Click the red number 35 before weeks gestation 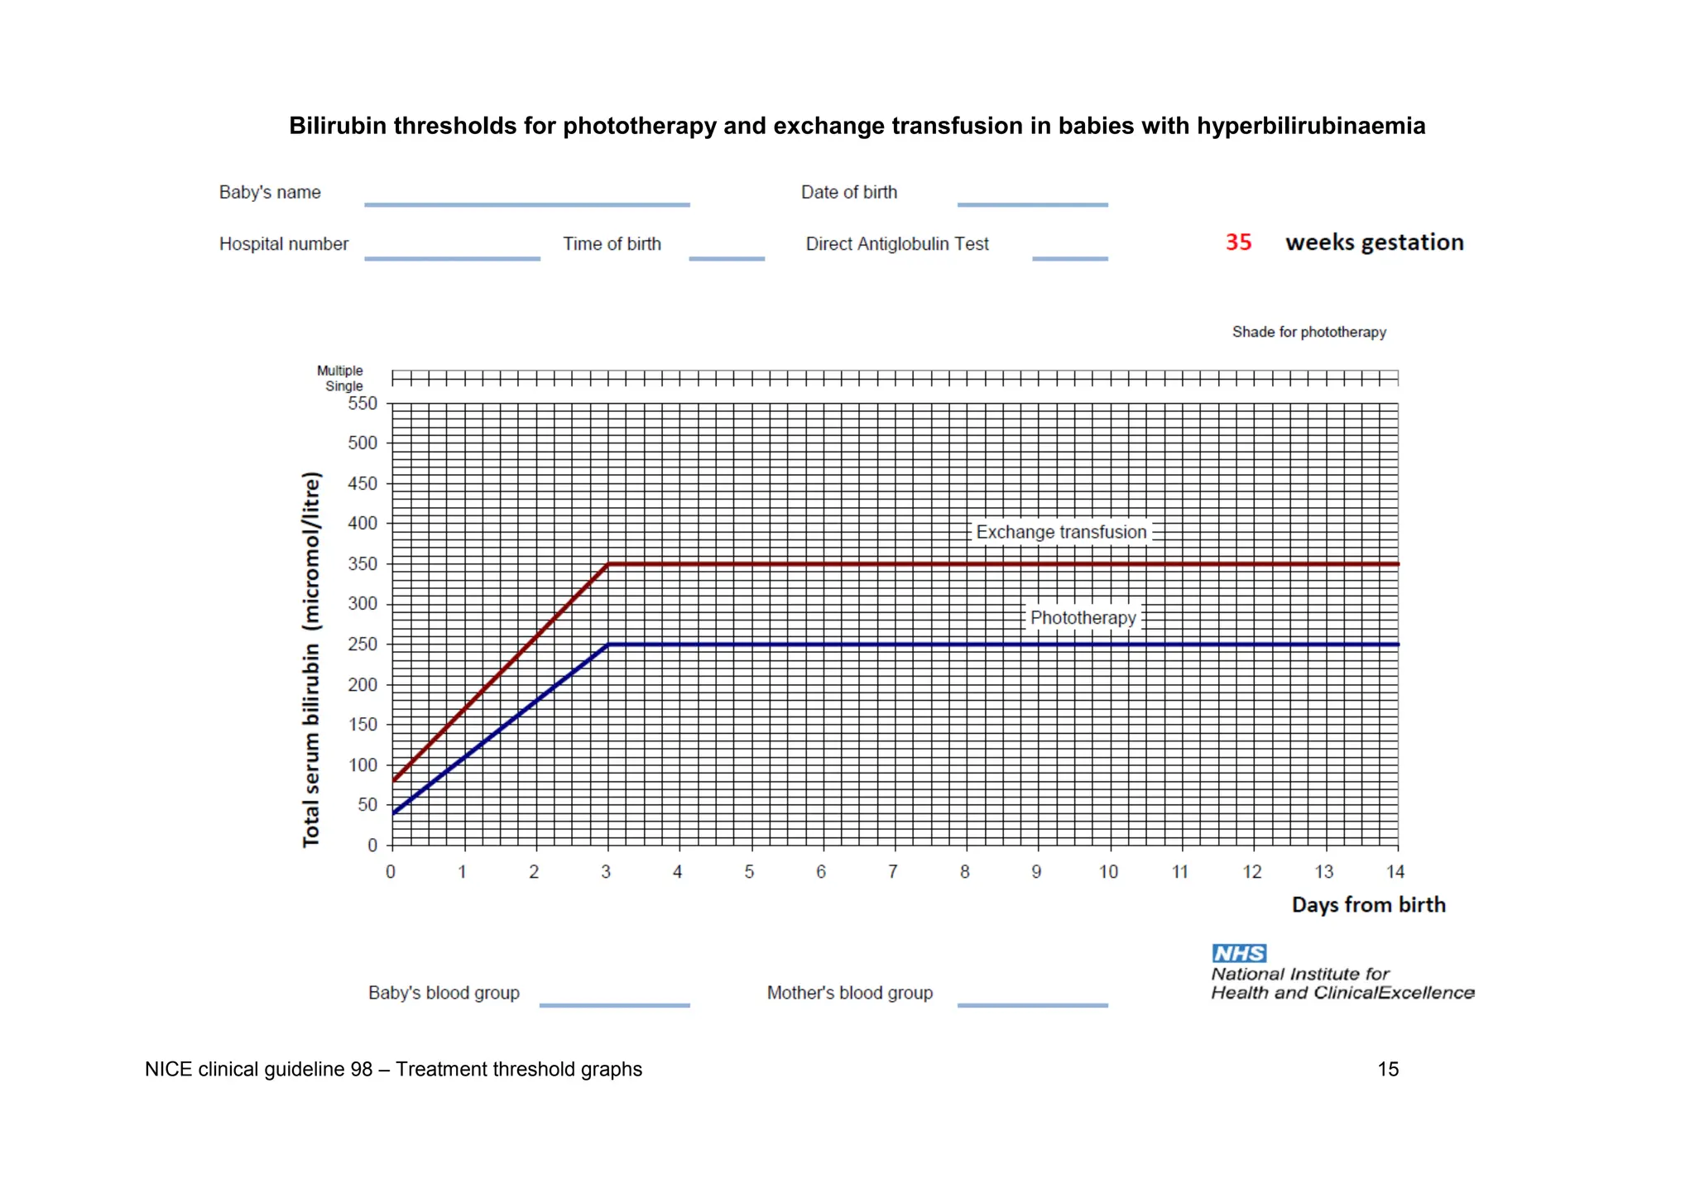(x=1238, y=242)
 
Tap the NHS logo (x=1239, y=953)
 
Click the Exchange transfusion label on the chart (x=1061, y=532)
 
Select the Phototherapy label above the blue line (x=1083, y=618)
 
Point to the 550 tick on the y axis (x=363, y=404)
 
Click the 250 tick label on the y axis (x=363, y=645)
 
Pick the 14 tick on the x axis (x=1395, y=872)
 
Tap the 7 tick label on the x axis (x=893, y=872)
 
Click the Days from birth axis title (x=1368, y=905)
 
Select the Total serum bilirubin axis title (x=311, y=659)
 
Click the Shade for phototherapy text (x=1308, y=332)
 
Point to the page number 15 (x=1388, y=1069)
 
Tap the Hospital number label (x=284, y=244)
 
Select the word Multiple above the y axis (x=339, y=371)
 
